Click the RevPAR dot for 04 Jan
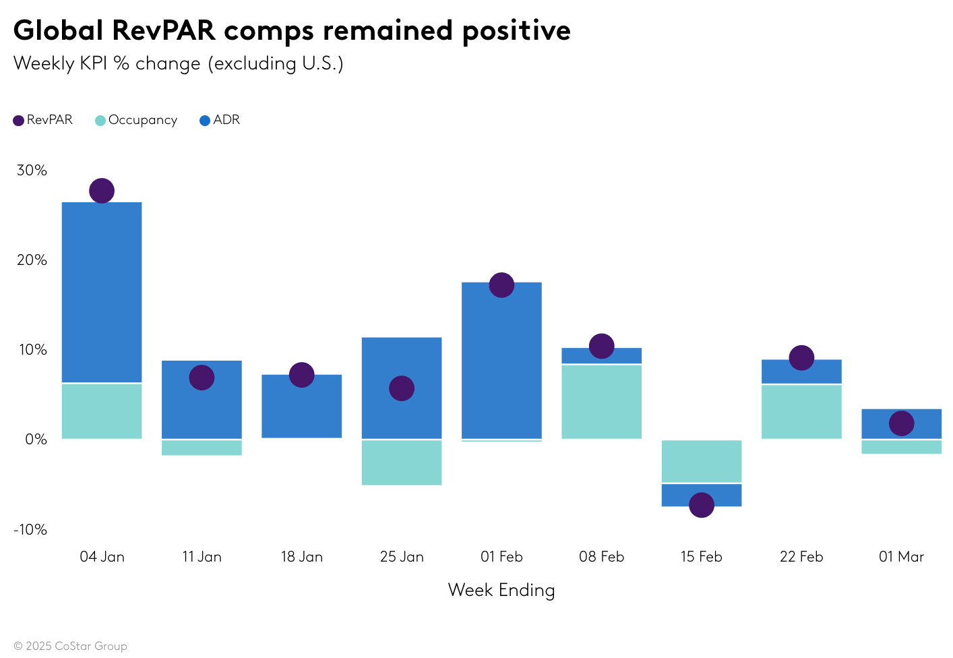[x=102, y=191]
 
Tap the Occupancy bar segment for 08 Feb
[x=601, y=402]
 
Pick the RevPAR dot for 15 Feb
[x=701, y=504]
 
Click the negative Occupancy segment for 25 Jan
[x=402, y=462]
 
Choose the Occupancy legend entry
[x=136, y=120]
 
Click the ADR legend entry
[x=220, y=120]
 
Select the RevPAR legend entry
[x=43, y=120]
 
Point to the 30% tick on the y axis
[x=32, y=170]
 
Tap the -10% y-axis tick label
[x=30, y=529]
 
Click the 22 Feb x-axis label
[x=801, y=557]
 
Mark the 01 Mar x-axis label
[x=901, y=557]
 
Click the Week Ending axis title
[x=501, y=590]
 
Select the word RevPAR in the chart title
[x=163, y=30]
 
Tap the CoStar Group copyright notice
[x=70, y=646]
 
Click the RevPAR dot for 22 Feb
[x=801, y=357]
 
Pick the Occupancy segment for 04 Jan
[x=102, y=411]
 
